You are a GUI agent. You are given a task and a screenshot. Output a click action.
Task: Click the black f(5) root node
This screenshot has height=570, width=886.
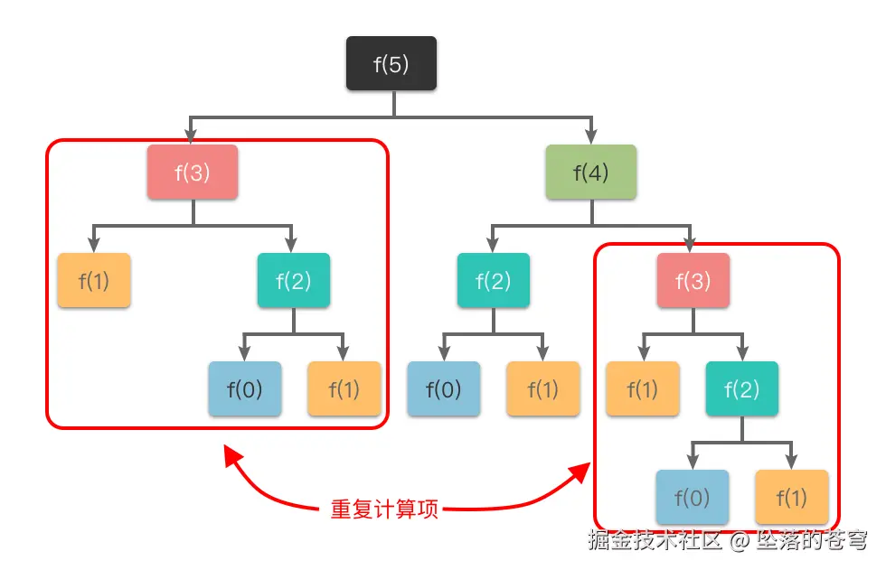391,63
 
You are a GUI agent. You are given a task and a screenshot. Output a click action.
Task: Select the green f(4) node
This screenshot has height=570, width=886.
591,172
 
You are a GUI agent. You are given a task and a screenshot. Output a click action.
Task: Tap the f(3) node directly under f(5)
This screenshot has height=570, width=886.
193,172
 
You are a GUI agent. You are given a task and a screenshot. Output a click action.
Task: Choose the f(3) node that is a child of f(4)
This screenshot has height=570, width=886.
693,280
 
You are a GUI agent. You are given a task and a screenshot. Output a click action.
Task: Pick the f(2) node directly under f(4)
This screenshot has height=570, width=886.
493,280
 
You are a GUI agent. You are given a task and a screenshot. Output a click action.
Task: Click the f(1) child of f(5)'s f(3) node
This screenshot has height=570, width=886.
93,280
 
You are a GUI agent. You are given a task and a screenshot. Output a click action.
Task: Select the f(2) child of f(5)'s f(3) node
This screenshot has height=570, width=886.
293,280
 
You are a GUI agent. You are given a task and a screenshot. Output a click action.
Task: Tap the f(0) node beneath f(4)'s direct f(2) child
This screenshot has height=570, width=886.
443,389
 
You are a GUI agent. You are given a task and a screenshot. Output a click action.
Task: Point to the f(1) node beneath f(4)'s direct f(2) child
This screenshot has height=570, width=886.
542,389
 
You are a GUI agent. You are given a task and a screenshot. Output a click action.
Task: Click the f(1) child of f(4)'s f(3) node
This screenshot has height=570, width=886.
642,389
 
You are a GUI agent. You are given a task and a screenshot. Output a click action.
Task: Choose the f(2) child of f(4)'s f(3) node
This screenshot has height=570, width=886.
741,389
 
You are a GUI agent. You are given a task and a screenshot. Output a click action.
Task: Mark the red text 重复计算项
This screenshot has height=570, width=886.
385,509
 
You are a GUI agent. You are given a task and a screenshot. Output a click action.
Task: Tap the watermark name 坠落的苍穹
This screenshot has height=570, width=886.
812,540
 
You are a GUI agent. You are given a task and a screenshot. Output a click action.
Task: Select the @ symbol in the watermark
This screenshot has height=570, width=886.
740,541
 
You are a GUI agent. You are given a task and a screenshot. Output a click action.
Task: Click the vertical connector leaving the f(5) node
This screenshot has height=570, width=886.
394,103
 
